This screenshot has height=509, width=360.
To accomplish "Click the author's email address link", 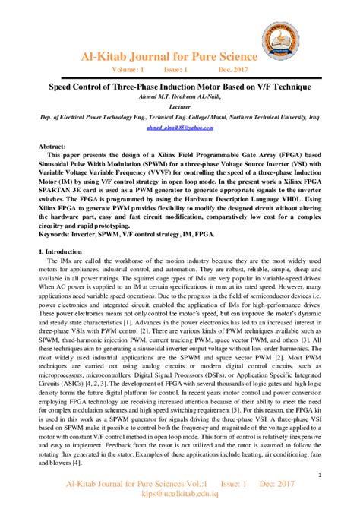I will [x=179, y=130].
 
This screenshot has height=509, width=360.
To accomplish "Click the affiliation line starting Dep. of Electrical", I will [x=179, y=119].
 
